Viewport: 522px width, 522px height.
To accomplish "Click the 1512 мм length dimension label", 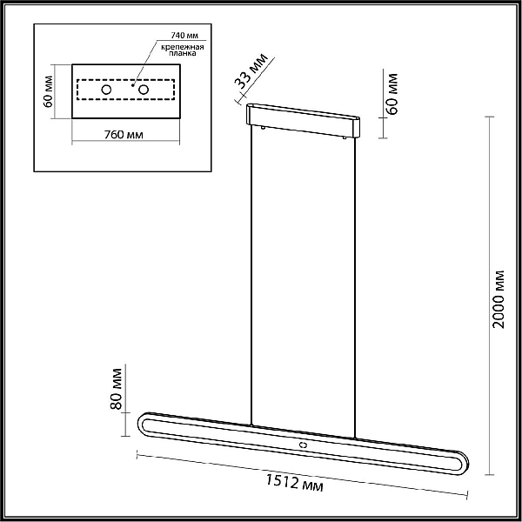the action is (294, 482).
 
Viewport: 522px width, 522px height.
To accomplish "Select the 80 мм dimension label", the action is (117, 389).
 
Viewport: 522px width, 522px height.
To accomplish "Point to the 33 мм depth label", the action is (251, 72).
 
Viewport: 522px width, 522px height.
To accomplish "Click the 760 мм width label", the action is (124, 135).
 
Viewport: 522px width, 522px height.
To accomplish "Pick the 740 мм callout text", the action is (184, 36).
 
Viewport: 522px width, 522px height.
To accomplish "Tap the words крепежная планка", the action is (183, 50).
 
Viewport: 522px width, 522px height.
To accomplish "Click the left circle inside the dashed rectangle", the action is (106, 90).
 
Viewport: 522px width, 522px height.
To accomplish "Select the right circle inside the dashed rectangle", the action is (144, 90).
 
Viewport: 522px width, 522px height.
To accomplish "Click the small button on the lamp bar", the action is (303, 444).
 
